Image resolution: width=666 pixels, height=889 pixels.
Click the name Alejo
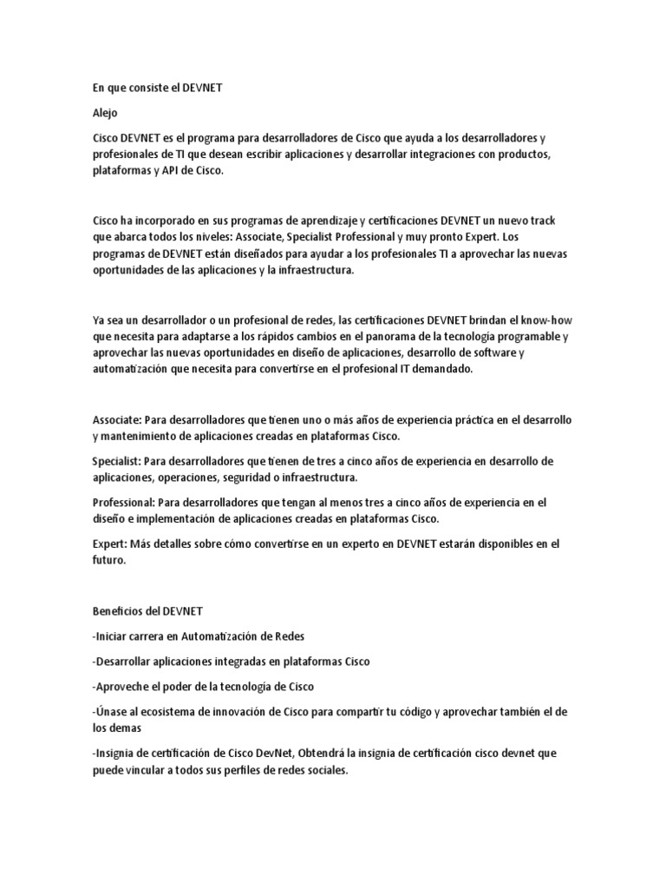(105, 113)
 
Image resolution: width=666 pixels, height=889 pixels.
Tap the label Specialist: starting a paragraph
(116, 461)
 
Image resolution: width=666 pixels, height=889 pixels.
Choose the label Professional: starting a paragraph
(123, 503)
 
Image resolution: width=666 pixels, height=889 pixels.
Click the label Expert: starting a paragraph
(109, 544)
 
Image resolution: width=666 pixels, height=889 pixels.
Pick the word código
(408, 712)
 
